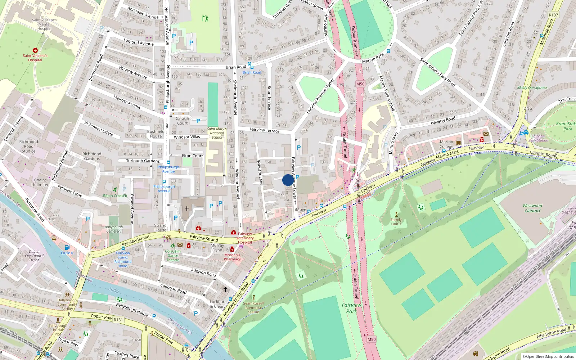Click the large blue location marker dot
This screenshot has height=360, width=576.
pos(288,180)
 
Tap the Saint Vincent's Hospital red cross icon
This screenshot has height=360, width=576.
pos(35,50)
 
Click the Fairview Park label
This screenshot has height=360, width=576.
pos(351,308)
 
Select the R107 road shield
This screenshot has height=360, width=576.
pos(553,15)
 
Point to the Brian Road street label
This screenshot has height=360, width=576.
pos(236,67)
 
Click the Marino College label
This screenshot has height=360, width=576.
pos(446,144)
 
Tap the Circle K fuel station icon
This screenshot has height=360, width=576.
pos(67,247)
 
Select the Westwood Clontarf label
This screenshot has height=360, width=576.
pos(532,208)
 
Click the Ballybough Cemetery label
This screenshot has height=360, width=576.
pos(114,229)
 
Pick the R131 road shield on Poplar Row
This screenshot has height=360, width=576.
pos(118,320)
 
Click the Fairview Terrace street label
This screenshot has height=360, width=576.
pos(264,130)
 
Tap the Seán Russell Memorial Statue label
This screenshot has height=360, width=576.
pos(253,307)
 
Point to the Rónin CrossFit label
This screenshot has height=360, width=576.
pos(115,196)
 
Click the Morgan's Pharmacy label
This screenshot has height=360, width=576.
pos(232,257)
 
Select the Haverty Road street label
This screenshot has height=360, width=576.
pos(443,120)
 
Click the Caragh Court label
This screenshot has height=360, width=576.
pos(182,121)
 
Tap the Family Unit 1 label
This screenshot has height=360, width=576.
pos(396,222)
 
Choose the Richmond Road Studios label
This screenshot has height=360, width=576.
pos(28,146)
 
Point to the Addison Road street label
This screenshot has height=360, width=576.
pos(203,272)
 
